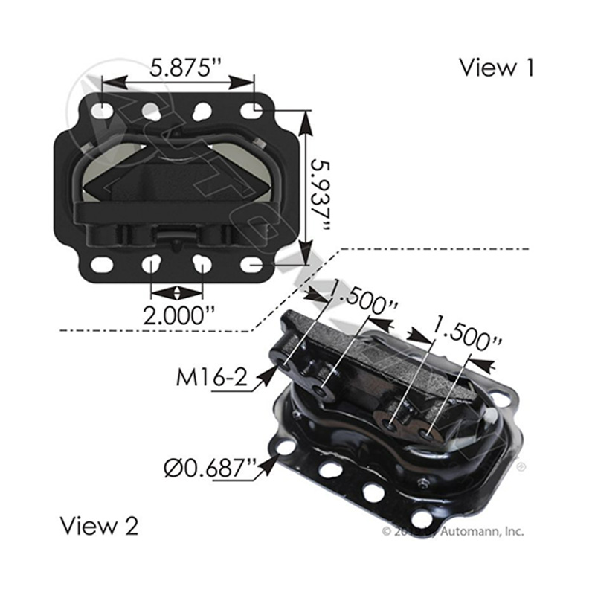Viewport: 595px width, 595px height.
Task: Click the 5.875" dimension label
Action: (178, 68)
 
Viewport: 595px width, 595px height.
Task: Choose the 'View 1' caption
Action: (496, 68)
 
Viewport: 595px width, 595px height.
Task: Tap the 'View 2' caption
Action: (99, 527)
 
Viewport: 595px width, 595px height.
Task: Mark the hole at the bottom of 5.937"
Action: (256, 264)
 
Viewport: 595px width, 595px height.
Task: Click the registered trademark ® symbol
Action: (521, 467)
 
